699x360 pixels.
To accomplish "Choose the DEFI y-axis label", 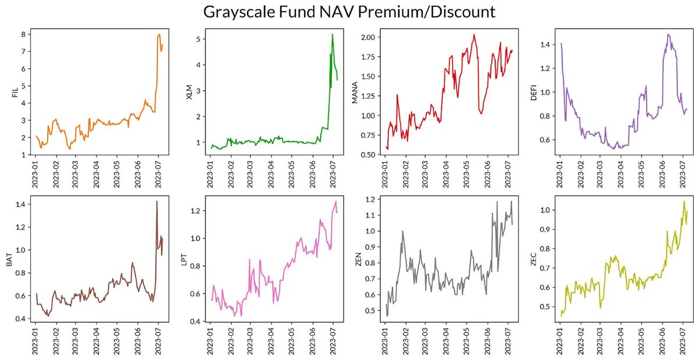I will pos(534,92).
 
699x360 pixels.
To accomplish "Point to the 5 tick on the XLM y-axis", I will pos(197,39).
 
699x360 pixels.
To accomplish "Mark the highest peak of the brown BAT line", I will pos(157,202).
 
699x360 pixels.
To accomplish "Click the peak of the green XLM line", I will pos(333,34).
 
